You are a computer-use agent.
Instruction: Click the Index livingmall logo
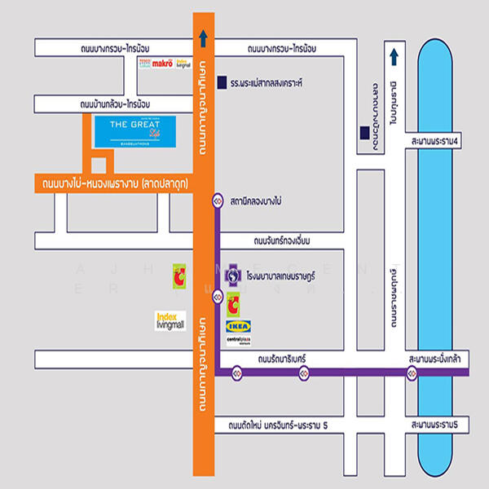click(170, 319)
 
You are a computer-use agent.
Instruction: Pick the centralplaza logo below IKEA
click(238, 341)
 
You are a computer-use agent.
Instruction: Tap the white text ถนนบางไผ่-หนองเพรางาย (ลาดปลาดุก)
click(113, 183)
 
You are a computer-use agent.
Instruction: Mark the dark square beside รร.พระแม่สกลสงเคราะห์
click(220, 83)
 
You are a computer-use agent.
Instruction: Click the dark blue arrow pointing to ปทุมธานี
click(394, 56)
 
